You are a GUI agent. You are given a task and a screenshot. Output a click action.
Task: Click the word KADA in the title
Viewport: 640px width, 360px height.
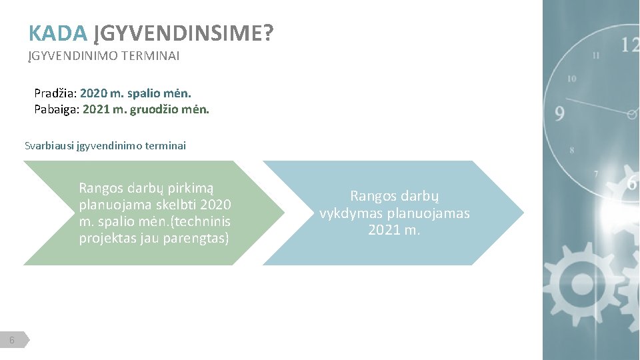coord(58,33)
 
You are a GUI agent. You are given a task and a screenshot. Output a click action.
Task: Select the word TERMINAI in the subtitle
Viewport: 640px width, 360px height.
coord(150,56)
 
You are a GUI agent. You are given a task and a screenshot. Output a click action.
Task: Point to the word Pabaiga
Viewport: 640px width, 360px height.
coord(57,108)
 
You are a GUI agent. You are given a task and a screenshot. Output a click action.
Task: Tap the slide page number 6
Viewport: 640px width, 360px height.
coord(13,341)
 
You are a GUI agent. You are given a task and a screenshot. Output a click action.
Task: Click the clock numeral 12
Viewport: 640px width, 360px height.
coord(629,45)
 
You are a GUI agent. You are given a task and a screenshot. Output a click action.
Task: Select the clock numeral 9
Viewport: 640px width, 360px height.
coord(559,114)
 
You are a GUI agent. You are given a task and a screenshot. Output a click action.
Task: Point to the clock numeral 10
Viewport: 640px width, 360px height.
coord(571,79)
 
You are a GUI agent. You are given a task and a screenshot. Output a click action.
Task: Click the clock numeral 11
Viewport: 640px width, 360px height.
coord(595,55)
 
